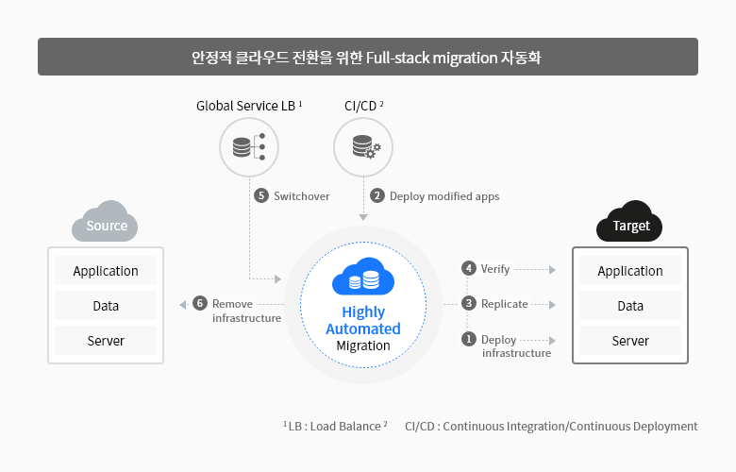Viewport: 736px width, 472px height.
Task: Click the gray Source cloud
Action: pyautogui.click(x=105, y=222)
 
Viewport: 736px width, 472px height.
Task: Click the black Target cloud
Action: pyautogui.click(x=629, y=222)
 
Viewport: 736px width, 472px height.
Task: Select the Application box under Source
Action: pyautogui.click(x=106, y=271)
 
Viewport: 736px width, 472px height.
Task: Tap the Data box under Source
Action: pyautogui.click(x=106, y=306)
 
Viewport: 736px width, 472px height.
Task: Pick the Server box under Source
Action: pyautogui.click(x=106, y=341)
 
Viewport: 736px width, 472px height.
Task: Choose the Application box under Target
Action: pyautogui.click(x=630, y=271)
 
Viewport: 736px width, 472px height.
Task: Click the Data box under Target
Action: pyautogui.click(x=630, y=306)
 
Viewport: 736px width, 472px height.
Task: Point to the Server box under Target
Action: pyautogui.click(x=630, y=341)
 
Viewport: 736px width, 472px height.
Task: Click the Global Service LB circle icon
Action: pyautogui.click(x=249, y=147)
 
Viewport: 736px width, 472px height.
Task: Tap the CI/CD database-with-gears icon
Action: pyautogui.click(x=367, y=147)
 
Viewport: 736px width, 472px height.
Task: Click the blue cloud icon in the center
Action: pyautogui.click(x=363, y=277)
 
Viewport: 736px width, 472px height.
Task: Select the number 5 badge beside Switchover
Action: pyautogui.click(x=261, y=195)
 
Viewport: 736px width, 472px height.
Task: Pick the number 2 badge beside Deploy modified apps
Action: pyautogui.click(x=376, y=195)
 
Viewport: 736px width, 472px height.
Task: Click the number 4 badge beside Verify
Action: pyautogui.click(x=468, y=268)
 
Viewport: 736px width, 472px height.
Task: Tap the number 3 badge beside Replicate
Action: pyautogui.click(x=468, y=303)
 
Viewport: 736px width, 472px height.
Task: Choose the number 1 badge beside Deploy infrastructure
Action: pyautogui.click(x=468, y=339)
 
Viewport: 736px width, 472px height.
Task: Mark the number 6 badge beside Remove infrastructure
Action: pyautogui.click(x=200, y=303)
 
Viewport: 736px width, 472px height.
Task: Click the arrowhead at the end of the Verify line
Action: pyautogui.click(x=552, y=270)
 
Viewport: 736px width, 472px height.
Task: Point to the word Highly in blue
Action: pyautogui.click(x=363, y=312)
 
